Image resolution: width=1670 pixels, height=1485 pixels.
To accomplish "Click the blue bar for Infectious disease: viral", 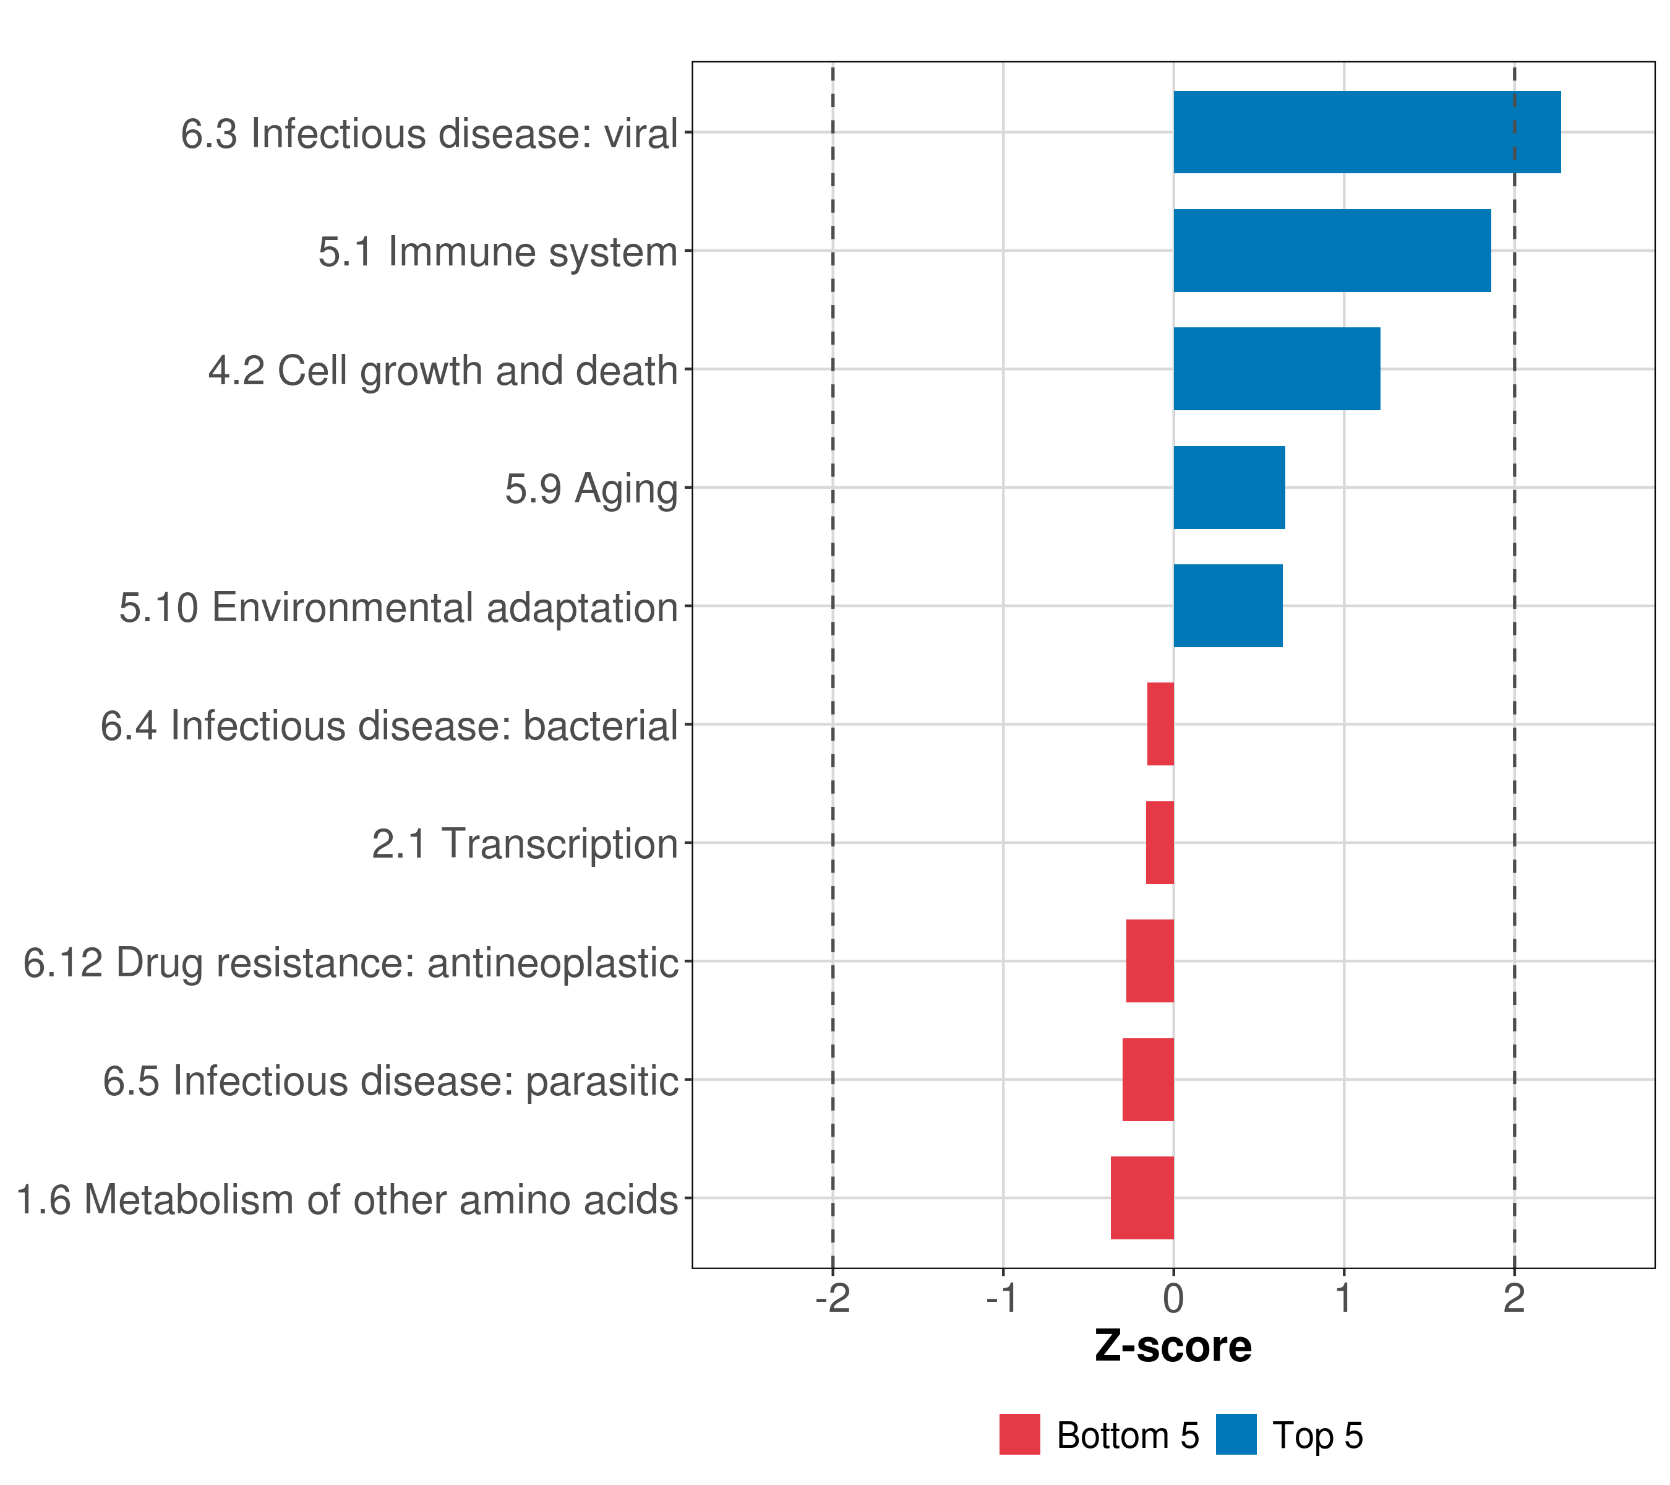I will (1366, 132).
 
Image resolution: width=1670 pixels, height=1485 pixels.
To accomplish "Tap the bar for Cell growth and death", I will (1276, 369).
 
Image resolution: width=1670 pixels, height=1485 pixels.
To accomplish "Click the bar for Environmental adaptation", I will (1227, 606).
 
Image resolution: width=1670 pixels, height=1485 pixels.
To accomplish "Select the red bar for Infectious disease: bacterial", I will (1160, 724).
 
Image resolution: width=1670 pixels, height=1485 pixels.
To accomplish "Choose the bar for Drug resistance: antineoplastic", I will (1150, 961).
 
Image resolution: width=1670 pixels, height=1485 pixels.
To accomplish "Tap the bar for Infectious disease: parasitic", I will (1148, 1080).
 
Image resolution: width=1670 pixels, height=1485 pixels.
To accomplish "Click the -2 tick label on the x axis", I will (833, 1298).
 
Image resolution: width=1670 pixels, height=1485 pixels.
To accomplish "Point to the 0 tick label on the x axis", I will (1173, 1298).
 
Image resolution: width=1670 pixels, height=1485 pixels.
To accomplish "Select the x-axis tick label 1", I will (1343, 1298).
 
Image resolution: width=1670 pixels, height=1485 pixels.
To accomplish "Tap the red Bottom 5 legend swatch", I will (1020, 1434).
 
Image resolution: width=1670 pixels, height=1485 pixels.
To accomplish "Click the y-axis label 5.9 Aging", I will (591, 489).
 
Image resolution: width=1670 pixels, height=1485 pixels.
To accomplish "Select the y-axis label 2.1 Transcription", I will (525, 843).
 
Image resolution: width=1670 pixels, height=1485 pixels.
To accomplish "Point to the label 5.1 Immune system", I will (497, 251).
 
